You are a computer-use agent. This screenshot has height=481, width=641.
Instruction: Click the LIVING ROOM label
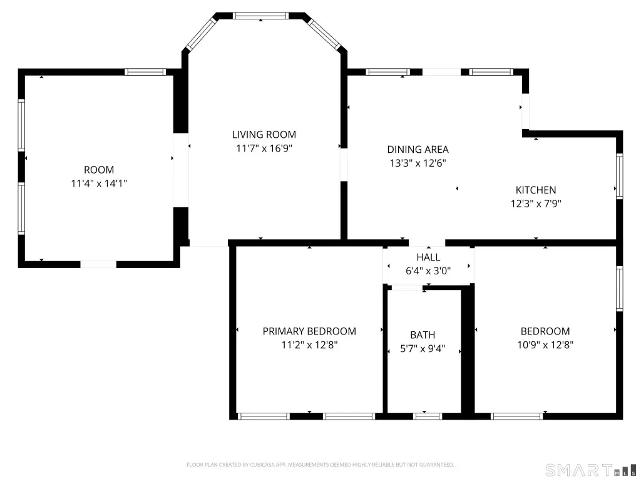tap(264, 135)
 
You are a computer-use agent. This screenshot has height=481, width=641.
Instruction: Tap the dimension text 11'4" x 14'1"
tap(99, 184)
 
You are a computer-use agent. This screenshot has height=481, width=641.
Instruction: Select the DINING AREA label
tap(418, 150)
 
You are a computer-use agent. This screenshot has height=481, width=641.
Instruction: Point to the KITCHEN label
tap(535, 190)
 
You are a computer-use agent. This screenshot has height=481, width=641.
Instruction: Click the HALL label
tap(428, 257)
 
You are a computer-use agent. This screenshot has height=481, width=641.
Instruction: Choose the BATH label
tap(423, 335)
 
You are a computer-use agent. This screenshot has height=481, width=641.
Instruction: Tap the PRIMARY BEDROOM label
tap(309, 331)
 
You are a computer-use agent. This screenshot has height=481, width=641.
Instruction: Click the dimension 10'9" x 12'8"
tap(545, 344)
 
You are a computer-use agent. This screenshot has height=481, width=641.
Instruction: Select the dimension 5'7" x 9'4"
tap(423, 349)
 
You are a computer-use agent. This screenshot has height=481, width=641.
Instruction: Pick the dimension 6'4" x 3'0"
tap(428, 271)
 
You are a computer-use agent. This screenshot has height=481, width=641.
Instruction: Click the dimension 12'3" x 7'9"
tap(535, 204)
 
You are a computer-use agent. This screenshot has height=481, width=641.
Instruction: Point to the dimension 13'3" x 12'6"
tap(418, 163)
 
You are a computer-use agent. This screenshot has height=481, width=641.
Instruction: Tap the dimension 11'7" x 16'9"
tap(264, 148)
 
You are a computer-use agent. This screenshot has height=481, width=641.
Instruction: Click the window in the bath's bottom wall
tap(428, 416)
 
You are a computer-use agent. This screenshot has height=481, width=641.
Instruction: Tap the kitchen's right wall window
tap(620, 176)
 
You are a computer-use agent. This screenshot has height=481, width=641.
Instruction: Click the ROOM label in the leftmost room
tap(99, 170)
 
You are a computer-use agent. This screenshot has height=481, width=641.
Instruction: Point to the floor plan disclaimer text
tap(320, 465)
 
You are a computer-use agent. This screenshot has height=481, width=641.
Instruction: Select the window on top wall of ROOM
tap(145, 72)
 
